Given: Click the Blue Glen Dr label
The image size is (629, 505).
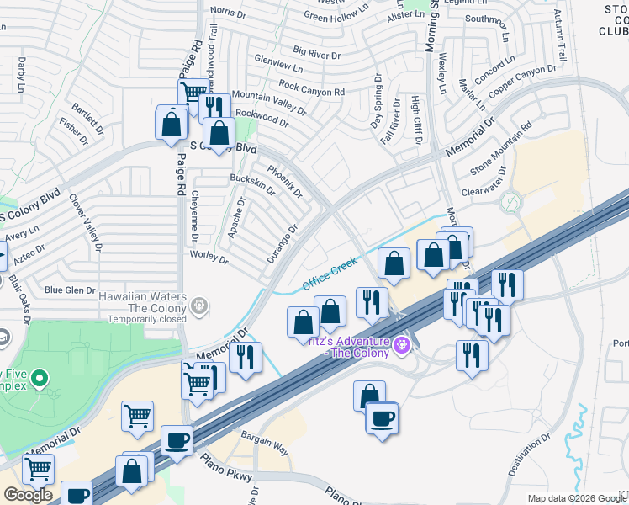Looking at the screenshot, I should [x=71, y=290].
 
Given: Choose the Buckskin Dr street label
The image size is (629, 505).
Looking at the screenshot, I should [x=252, y=183].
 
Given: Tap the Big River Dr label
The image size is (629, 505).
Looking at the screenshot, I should [x=316, y=55].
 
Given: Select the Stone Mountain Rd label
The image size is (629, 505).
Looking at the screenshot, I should [x=501, y=148].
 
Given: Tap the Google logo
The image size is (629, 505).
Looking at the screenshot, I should [x=28, y=494].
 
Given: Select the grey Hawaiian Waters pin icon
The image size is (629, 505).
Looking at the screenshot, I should [x=199, y=305].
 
